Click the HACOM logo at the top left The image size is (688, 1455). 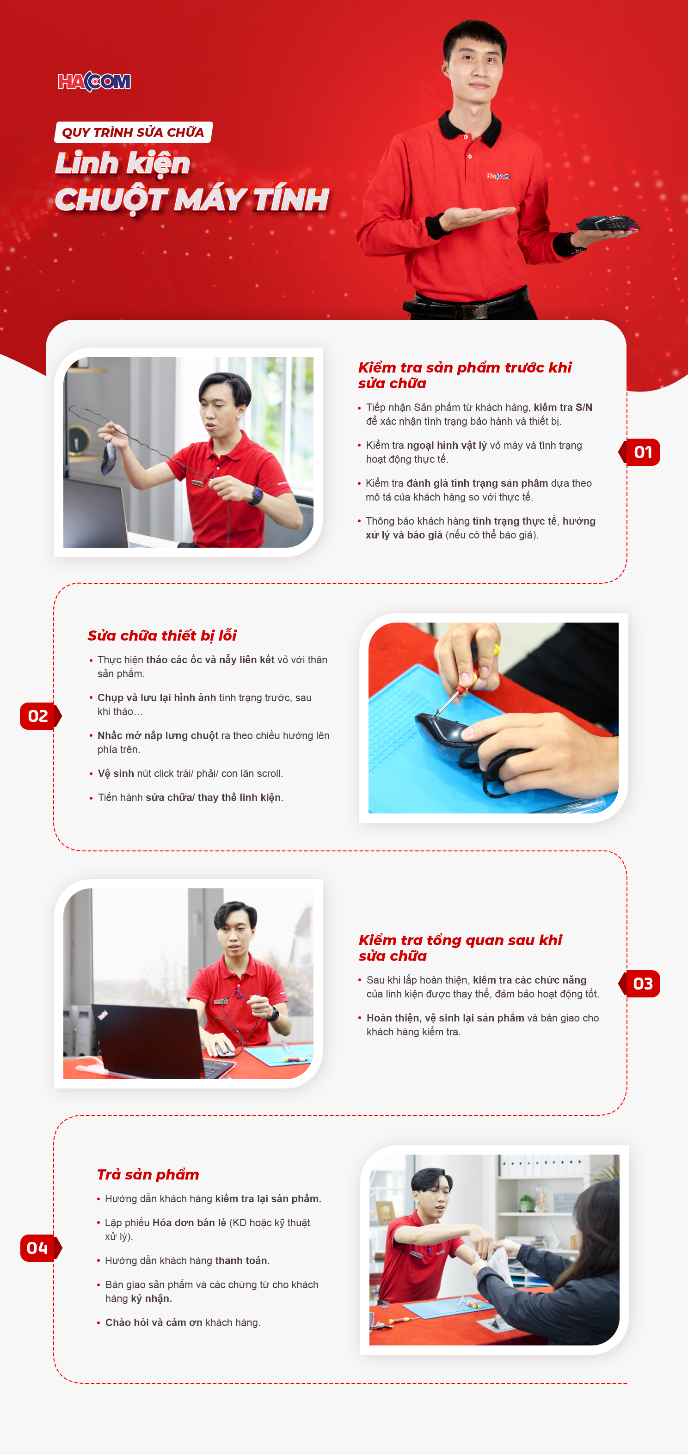(x=94, y=81)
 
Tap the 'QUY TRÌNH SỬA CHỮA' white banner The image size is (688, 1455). (x=133, y=132)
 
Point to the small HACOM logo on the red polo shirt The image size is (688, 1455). (x=498, y=176)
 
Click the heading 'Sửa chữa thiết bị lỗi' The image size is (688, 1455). (x=162, y=636)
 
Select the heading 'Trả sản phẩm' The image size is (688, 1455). (x=148, y=1174)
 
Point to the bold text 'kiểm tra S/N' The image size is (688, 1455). (x=563, y=407)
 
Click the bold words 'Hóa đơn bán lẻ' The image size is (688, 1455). (x=189, y=1223)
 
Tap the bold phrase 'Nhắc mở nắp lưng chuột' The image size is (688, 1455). (x=158, y=735)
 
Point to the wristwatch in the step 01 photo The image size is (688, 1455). (x=256, y=495)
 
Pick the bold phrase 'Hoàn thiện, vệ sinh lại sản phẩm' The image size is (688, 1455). (x=445, y=1018)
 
